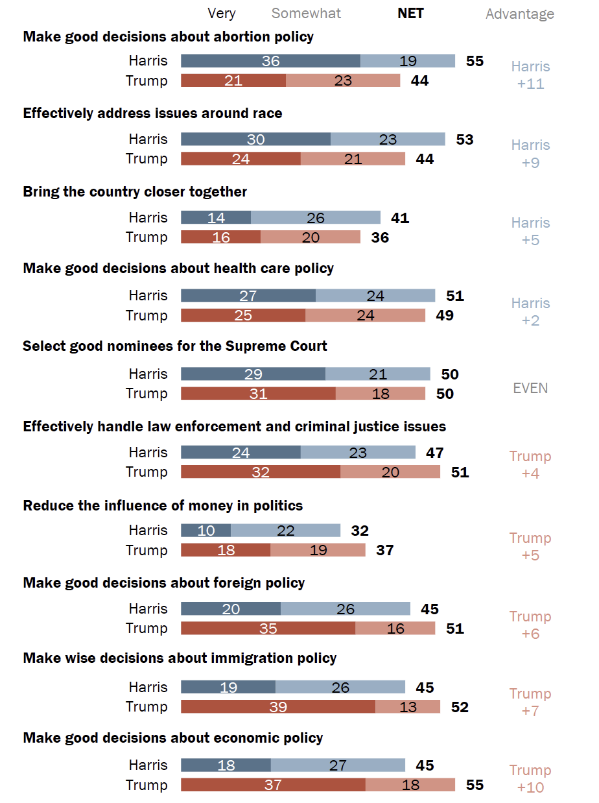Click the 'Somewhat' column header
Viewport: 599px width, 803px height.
point(306,14)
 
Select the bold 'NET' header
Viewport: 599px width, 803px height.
point(410,14)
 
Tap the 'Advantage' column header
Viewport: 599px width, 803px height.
point(520,14)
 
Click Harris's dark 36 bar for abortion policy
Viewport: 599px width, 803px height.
point(270,61)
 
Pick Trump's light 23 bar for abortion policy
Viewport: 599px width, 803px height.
point(343,81)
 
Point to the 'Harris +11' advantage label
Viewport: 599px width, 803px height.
point(530,75)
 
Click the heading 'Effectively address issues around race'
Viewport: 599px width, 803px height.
point(152,114)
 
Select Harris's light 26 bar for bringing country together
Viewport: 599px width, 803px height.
point(316,218)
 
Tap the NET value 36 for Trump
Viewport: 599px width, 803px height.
point(380,237)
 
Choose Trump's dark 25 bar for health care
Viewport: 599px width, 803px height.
point(243,316)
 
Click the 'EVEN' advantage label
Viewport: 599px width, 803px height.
point(530,389)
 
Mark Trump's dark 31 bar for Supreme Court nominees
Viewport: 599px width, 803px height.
point(258,394)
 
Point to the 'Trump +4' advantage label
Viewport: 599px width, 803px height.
point(530,465)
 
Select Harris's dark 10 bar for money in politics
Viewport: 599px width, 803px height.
point(206,531)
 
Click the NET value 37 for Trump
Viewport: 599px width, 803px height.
point(384,551)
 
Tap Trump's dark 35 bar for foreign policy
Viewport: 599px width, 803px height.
point(268,629)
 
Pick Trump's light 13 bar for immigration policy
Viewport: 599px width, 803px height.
point(408,707)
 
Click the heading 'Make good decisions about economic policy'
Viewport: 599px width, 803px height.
point(172,738)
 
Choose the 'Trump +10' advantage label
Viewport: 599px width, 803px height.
point(530,779)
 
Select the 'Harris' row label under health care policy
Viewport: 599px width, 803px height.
point(148,296)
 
